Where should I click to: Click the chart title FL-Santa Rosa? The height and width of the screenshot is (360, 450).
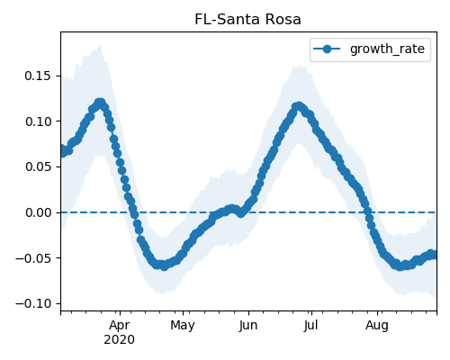coord(247,20)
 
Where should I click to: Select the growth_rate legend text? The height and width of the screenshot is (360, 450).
coord(387,49)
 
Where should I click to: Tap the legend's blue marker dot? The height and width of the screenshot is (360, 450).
coord(327,49)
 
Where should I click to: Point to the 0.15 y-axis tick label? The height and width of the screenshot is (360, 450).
coord(38,76)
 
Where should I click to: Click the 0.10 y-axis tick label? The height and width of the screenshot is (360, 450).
coord(38,121)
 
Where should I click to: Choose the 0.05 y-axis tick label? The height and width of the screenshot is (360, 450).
coord(38,166)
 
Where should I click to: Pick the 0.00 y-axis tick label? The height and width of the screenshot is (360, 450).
coord(38,212)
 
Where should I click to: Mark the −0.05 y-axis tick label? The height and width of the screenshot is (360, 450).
coord(33,258)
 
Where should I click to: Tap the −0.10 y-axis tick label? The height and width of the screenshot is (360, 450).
coord(33,303)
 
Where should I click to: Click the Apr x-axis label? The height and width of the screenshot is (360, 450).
coord(120,326)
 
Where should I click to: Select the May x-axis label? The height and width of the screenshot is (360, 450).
coord(183,326)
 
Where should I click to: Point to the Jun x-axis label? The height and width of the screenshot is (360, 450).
coord(248,326)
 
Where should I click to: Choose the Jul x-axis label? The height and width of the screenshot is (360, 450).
coord(311,326)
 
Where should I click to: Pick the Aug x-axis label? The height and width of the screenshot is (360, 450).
coord(377,326)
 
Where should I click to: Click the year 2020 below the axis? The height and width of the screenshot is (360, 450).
coord(119,340)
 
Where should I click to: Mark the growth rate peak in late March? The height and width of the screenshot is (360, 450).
coord(100,103)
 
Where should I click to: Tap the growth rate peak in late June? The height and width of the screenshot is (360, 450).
coord(299,106)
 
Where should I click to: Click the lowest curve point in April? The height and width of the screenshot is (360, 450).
coord(164,266)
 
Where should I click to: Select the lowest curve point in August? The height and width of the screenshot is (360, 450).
coord(400,266)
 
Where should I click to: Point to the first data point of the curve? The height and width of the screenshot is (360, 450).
coord(62,151)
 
